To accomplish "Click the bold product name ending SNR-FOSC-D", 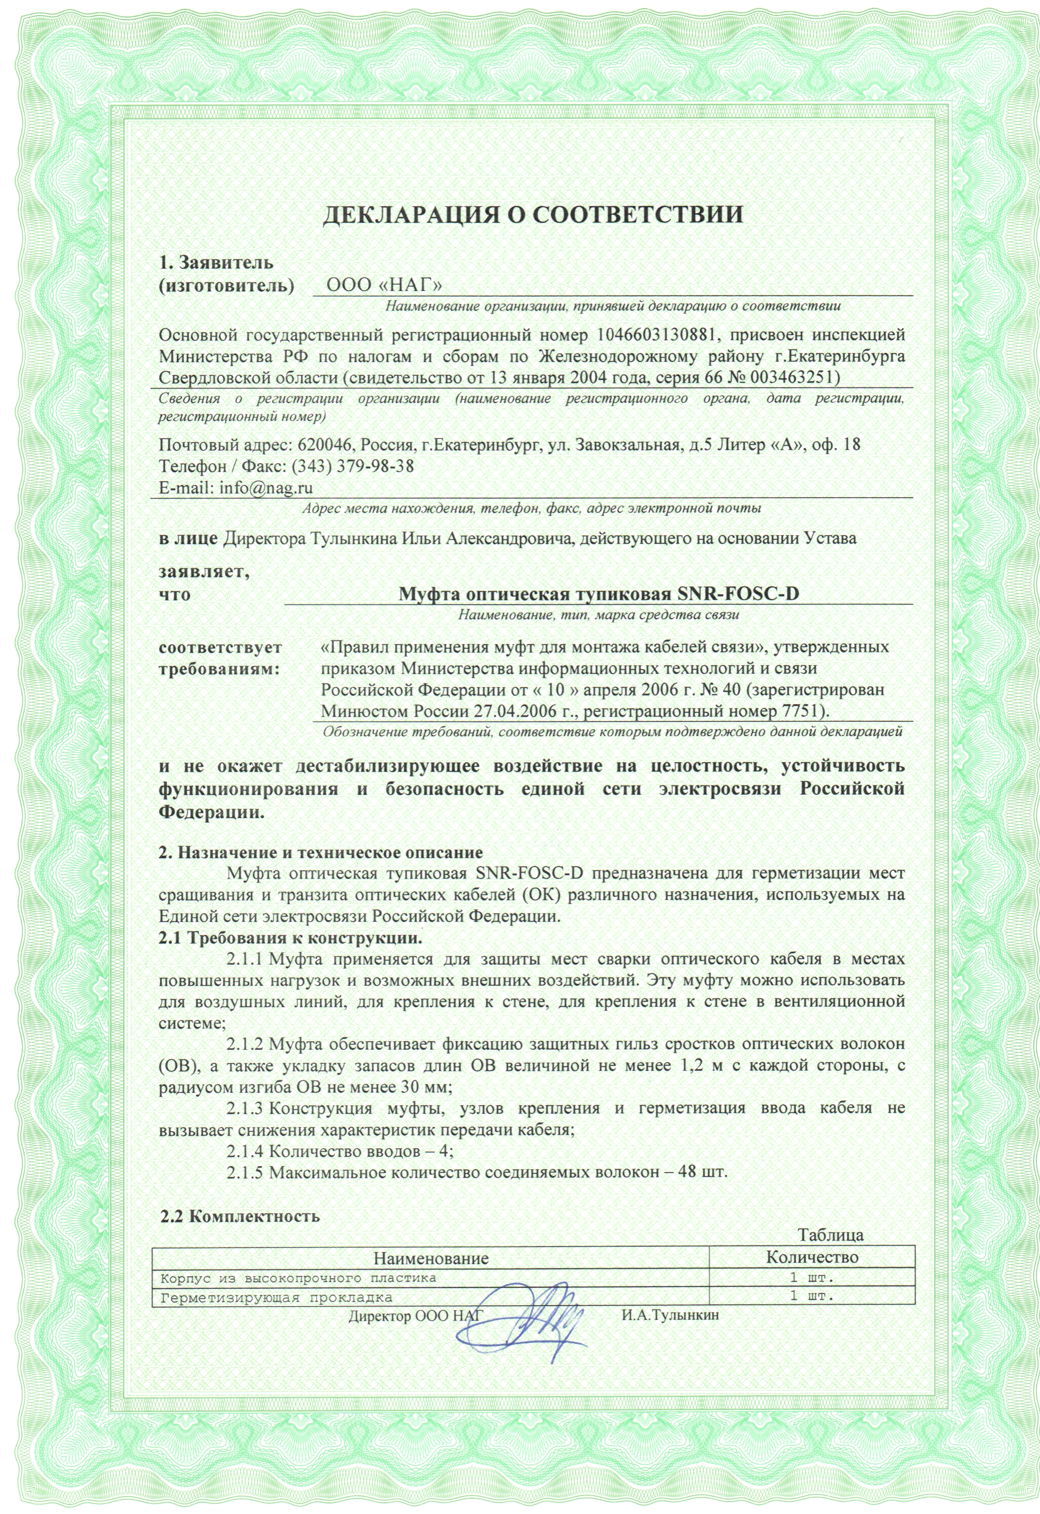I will click(x=598, y=594).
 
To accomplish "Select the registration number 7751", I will click(x=801, y=710).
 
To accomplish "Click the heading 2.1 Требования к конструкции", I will click(x=291, y=938).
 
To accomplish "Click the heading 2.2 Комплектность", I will click(x=240, y=1216).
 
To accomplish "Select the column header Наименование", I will click(x=431, y=1258).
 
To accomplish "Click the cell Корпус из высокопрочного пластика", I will click(x=298, y=1278).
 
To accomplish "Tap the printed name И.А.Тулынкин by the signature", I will click(x=670, y=1315).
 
